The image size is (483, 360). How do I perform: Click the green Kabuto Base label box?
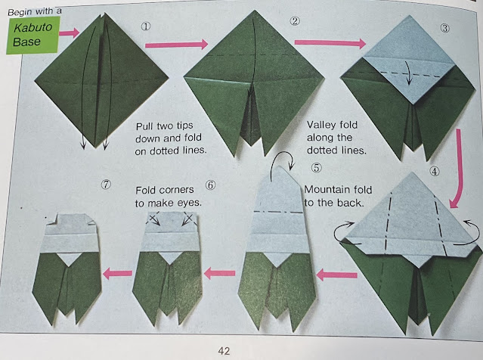pos(33,35)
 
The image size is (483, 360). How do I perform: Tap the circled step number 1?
pos(146,26)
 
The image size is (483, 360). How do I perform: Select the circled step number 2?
pos(295,21)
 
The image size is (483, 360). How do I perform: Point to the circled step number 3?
pos(444,28)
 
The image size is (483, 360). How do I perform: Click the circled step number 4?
pos(435,172)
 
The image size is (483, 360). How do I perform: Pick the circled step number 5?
pos(316,168)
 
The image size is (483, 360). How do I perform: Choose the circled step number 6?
pos(210,185)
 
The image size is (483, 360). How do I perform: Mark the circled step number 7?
pos(106,185)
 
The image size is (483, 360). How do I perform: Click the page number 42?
pos(224,351)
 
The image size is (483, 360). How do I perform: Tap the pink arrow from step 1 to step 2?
pos(177,45)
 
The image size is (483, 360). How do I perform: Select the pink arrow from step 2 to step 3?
pos(330,43)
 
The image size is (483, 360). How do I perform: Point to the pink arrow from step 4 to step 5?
pos(337,275)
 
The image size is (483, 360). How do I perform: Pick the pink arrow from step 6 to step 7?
pos(117,273)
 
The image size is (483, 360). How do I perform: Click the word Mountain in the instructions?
pos(323,189)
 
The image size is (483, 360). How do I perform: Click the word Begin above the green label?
pos(20,12)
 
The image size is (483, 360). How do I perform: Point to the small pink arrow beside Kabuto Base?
pos(70,33)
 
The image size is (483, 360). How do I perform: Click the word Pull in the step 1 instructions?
pos(145,126)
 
